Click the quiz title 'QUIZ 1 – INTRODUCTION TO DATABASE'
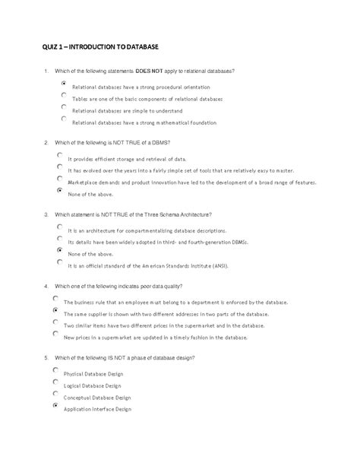(x=100, y=47)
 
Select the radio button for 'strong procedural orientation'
(x=64, y=84)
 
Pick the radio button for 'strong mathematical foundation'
(x=64, y=119)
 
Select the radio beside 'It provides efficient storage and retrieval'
(x=59, y=156)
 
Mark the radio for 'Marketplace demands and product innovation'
(x=59, y=179)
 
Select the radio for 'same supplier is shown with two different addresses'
(x=55, y=311)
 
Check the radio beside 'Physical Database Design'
(x=55, y=370)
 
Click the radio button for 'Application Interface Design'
(x=55, y=407)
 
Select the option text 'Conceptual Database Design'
(x=97, y=397)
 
